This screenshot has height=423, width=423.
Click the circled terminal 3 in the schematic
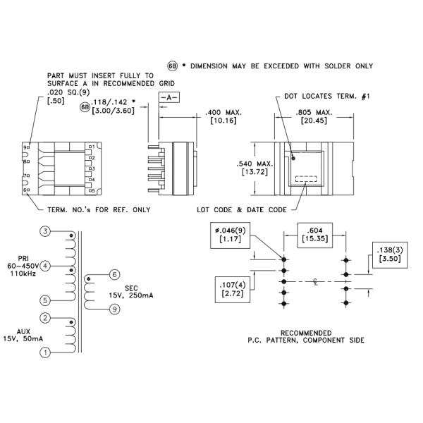[x=45, y=231]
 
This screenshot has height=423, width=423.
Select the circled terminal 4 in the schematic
[x=45, y=266]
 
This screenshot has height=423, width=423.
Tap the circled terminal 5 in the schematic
[x=45, y=300]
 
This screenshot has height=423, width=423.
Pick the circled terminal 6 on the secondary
[x=114, y=275]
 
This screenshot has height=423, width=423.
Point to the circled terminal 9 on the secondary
[x=114, y=309]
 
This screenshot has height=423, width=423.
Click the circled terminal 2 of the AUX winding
[x=45, y=318]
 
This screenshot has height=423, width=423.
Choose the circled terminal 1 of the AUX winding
[x=45, y=352]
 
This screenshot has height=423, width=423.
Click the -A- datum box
[x=169, y=98]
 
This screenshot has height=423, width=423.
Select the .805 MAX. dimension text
[x=314, y=112]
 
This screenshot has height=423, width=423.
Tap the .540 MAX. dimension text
[x=255, y=164]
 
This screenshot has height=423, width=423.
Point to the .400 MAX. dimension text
[x=223, y=112]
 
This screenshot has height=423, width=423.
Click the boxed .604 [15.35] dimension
[x=315, y=235]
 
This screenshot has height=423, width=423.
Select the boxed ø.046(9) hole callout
[x=230, y=235]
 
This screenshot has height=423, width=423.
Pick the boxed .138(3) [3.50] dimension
[x=390, y=255]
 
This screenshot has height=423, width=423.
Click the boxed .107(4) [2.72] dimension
[x=233, y=290]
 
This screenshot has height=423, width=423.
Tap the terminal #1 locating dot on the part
[x=293, y=158]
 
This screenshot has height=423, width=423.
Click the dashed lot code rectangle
[x=306, y=179]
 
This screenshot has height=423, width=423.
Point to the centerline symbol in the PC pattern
[x=316, y=282]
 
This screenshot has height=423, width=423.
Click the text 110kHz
[x=23, y=274]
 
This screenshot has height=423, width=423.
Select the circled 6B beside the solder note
[x=173, y=66]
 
